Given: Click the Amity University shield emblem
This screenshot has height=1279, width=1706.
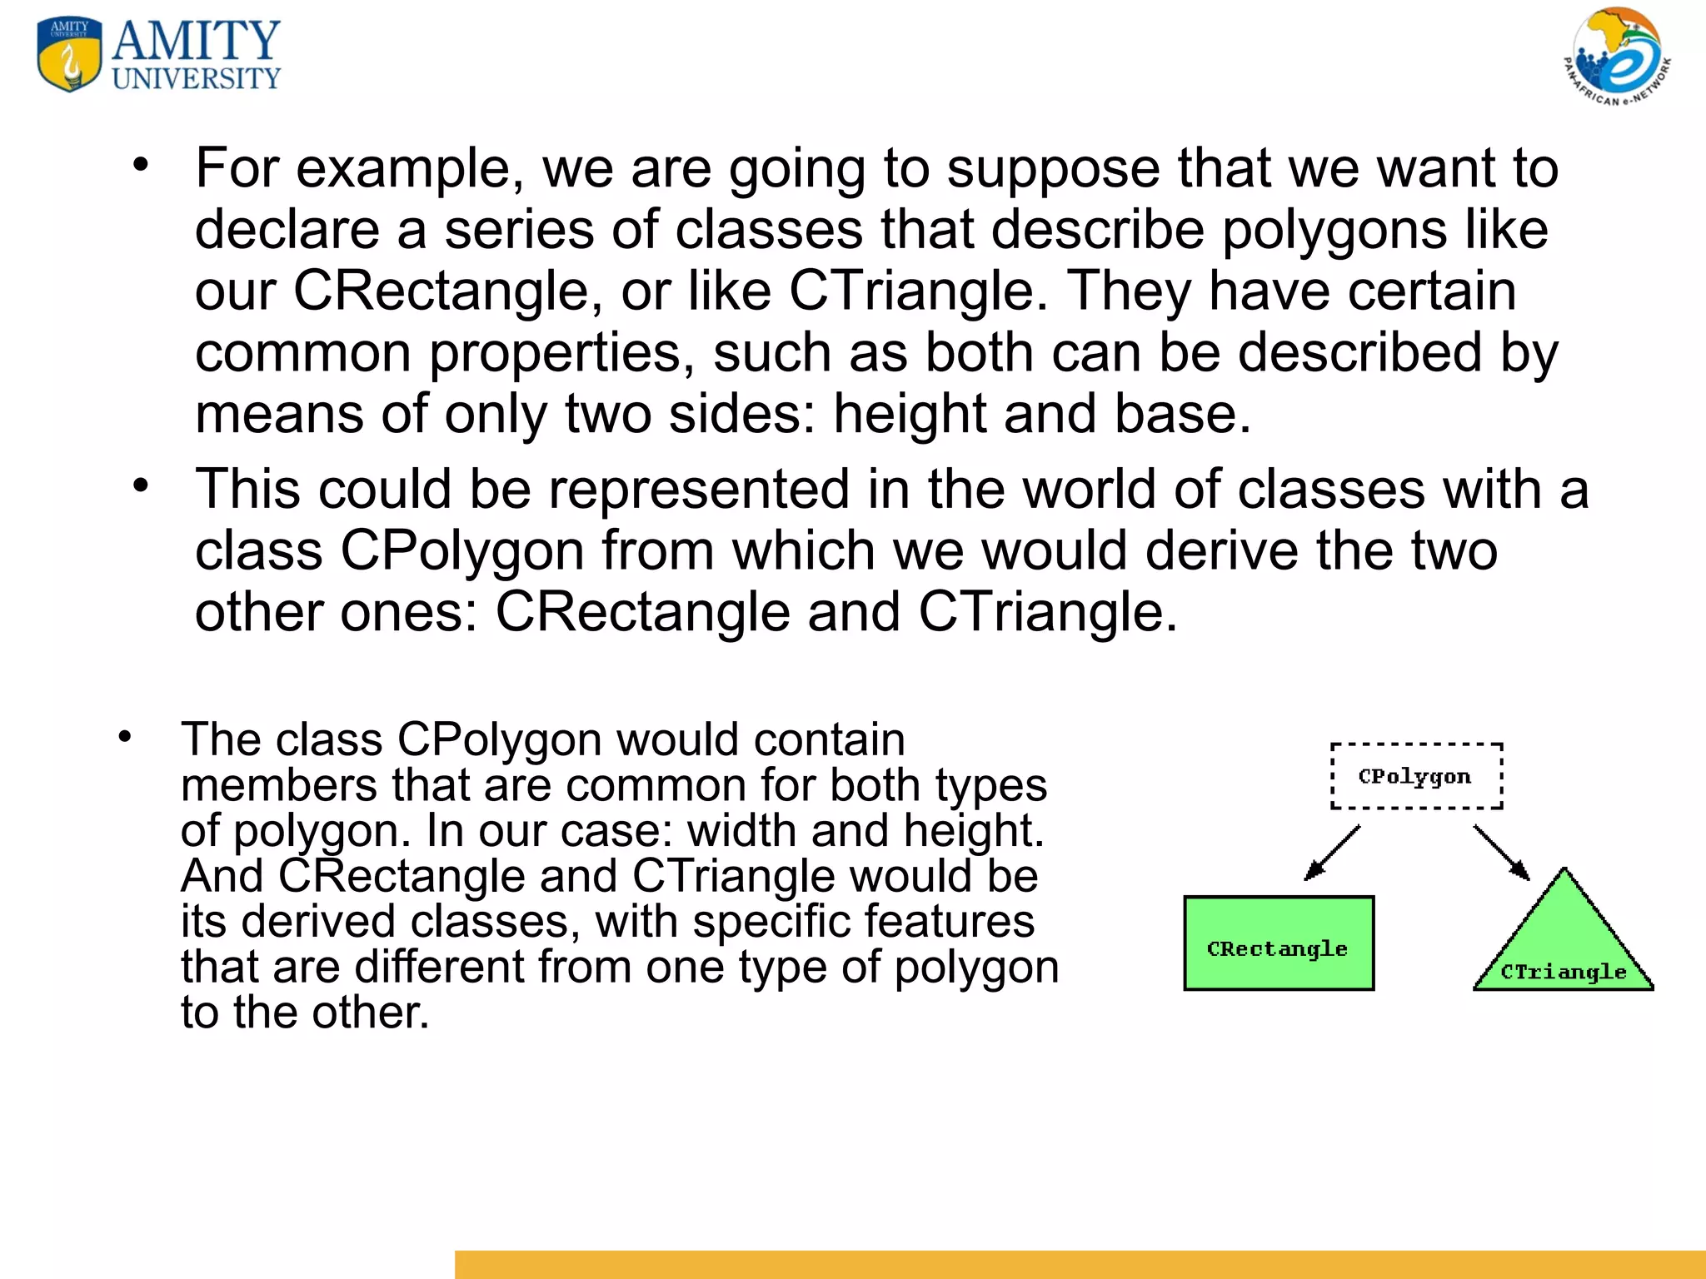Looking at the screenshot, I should (70, 54).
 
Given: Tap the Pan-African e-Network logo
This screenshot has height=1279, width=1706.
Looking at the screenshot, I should (1616, 57).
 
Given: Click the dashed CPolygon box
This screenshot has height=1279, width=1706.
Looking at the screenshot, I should (1416, 776).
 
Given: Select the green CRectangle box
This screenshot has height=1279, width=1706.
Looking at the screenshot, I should (1278, 943).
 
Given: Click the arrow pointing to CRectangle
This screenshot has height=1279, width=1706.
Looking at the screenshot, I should (1332, 853).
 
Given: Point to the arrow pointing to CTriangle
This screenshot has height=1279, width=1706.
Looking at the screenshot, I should (1501, 853).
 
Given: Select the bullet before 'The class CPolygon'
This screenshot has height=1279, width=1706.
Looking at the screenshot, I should (125, 736).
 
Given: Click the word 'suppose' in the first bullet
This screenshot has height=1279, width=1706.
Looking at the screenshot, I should (1053, 169).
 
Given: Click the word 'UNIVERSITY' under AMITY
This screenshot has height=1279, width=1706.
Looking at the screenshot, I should (197, 79).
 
